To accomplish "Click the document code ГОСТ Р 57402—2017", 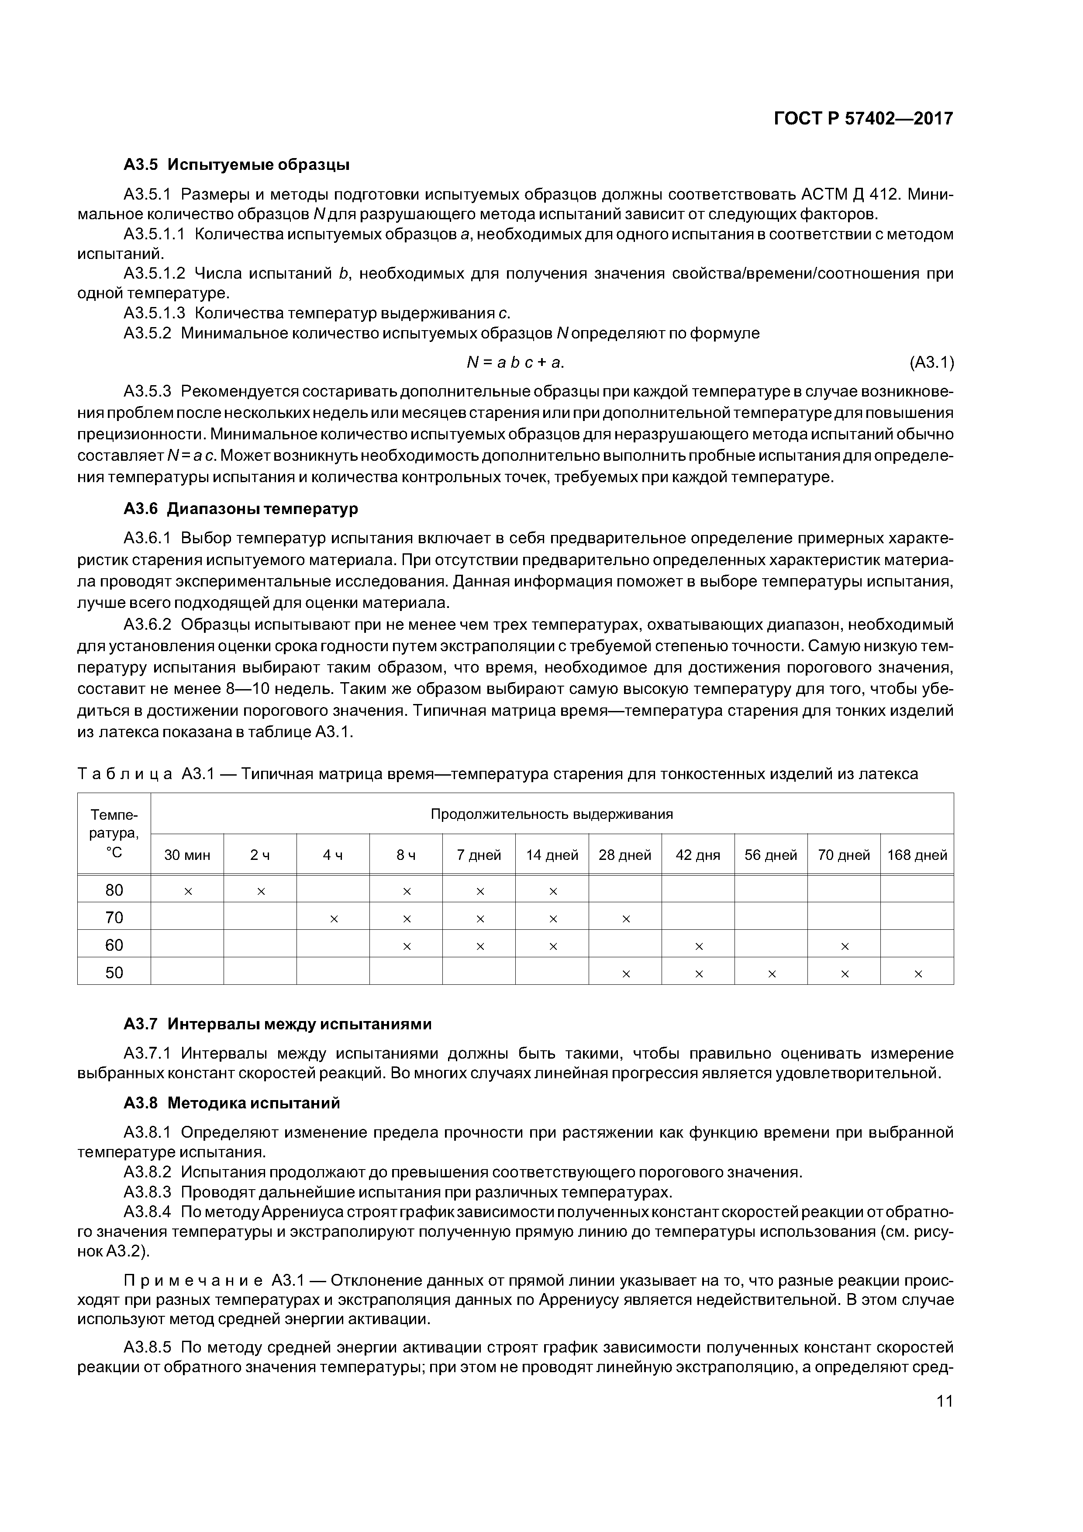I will point(863,119).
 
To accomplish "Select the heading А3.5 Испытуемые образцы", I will point(237,164).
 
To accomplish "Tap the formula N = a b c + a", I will point(514,362).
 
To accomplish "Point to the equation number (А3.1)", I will point(931,362).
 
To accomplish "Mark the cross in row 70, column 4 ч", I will point(334,919).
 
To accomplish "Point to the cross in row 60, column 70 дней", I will point(845,947).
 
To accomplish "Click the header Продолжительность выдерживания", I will point(552,814).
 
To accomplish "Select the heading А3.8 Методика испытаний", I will point(231,1103).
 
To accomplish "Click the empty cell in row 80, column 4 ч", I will point(334,890).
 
